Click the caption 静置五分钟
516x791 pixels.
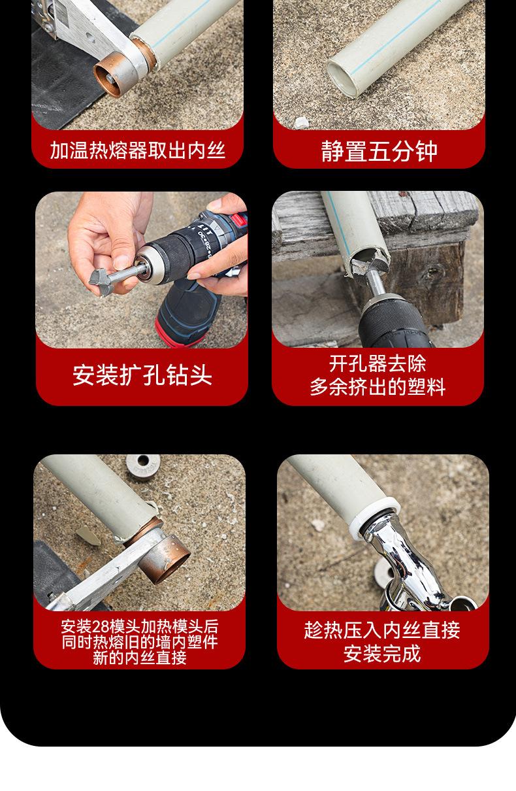coord(379,151)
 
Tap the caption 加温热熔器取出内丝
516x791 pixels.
coord(138,150)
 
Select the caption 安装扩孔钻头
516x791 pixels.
coord(142,375)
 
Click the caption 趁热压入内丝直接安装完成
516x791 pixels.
coord(382,642)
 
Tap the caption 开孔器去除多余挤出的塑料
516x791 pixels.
coord(378,375)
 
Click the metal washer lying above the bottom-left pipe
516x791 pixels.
coord(143,465)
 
